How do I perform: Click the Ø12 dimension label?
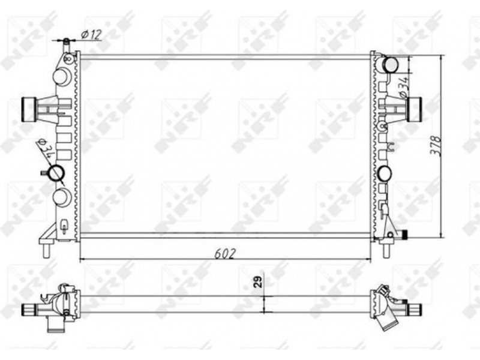tap(91, 35)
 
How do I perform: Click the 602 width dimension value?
tap(225, 254)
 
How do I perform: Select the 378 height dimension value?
tap(436, 146)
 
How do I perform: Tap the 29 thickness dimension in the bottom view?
tap(259, 281)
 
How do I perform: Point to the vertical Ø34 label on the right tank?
tap(404, 87)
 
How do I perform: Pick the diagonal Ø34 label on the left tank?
tap(46, 148)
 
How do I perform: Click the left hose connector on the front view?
tap(29, 110)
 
